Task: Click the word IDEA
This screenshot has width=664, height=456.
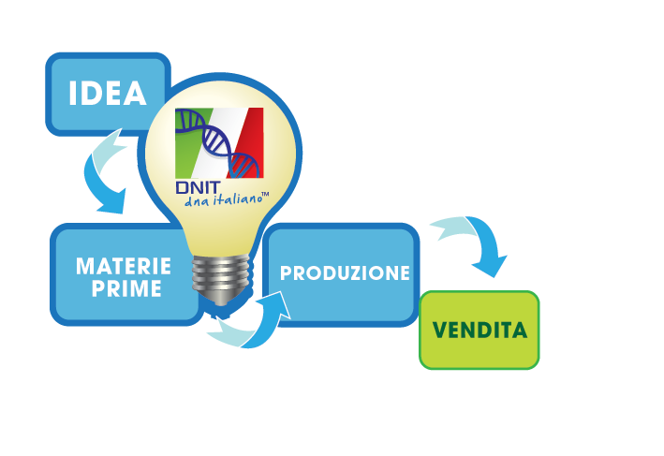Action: pyautogui.click(x=108, y=93)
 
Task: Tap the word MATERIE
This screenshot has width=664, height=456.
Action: pyautogui.click(x=124, y=266)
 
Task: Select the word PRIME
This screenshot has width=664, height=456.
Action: pyautogui.click(x=126, y=288)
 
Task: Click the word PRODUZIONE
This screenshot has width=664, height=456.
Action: pyautogui.click(x=345, y=273)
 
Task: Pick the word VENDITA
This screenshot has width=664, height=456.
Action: pyautogui.click(x=480, y=331)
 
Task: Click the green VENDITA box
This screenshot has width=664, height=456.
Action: pyautogui.click(x=479, y=331)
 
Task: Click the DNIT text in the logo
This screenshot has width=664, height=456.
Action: pyautogui.click(x=198, y=187)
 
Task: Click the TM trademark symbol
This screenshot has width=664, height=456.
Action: pyautogui.click(x=265, y=195)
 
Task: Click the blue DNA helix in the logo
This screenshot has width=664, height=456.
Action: pyautogui.click(x=216, y=141)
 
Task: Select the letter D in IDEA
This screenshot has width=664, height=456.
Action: pyautogui.click(x=91, y=93)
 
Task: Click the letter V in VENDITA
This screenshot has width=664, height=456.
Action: pyautogui.click(x=440, y=331)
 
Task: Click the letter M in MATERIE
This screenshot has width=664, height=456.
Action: pyautogui.click(x=86, y=266)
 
